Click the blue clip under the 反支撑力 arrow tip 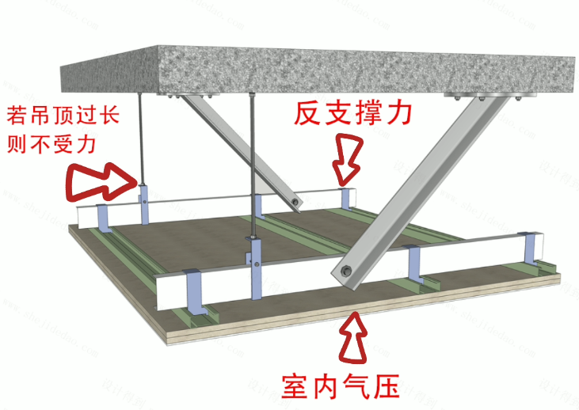pos(346,198)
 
